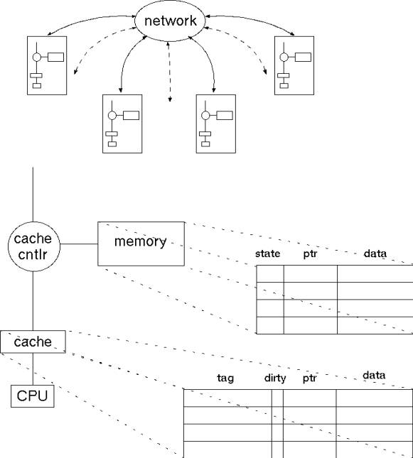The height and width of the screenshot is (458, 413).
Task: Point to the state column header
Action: pos(267,253)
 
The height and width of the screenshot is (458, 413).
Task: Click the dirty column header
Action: pos(275,378)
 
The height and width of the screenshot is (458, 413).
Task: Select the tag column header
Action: pos(225,378)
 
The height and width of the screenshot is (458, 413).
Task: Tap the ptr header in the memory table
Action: pos(310,253)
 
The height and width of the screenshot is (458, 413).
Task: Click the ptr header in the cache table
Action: pos(309,378)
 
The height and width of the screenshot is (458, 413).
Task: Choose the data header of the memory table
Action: pos(375,253)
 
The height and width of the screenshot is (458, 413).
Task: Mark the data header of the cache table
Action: pos(374,376)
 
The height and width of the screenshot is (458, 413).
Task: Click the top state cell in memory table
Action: pos(270,273)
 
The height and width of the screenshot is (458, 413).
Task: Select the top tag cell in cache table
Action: pos(227,398)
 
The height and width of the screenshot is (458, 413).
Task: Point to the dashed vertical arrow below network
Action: pos(169,72)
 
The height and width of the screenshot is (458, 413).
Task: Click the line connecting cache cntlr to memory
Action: pos(79,244)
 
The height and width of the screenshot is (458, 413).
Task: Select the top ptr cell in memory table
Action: pos(311,273)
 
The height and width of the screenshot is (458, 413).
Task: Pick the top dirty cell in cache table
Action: pos(277,398)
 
